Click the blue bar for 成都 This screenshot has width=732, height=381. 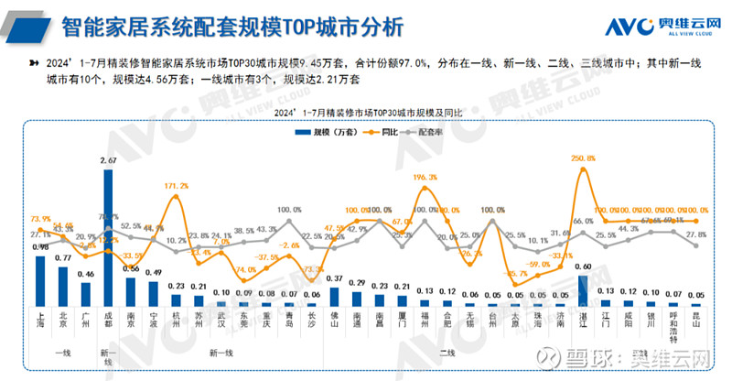click(109, 237)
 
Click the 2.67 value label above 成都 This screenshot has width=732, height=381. click(108, 161)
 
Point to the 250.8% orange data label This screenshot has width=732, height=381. click(583, 158)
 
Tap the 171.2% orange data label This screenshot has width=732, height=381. click(177, 186)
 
